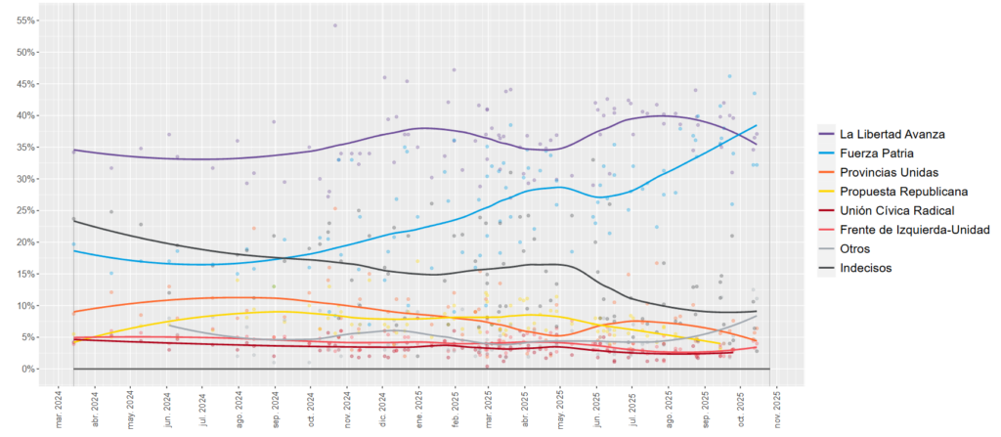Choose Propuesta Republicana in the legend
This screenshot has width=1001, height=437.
point(905,192)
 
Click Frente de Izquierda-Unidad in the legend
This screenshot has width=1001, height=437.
point(920,230)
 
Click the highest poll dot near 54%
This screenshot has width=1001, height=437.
point(334,25)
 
